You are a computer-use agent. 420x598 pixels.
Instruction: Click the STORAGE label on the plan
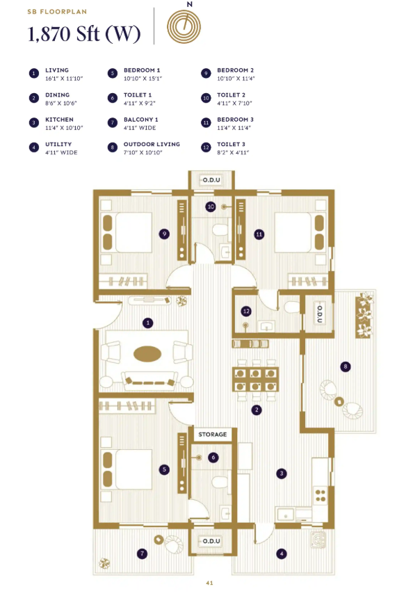[213, 435]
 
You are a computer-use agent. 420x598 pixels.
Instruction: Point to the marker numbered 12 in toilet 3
[245, 311]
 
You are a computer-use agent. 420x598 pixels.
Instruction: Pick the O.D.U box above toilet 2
[211, 181]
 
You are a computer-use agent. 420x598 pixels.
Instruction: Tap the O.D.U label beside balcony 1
[211, 542]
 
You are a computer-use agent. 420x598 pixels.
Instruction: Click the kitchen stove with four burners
[321, 494]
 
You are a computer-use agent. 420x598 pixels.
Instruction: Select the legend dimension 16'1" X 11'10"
[64, 79]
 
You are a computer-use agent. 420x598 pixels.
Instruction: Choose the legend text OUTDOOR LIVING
[152, 144]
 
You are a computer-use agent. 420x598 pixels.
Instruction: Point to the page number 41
[210, 583]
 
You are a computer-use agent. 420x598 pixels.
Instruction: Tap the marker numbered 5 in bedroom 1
[164, 469]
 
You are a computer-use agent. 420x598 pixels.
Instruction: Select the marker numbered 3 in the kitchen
[281, 474]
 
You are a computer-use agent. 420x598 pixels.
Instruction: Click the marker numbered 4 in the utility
[281, 553]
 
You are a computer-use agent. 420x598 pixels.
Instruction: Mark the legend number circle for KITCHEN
[33, 122]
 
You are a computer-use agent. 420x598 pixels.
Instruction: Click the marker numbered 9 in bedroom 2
[164, 234]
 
